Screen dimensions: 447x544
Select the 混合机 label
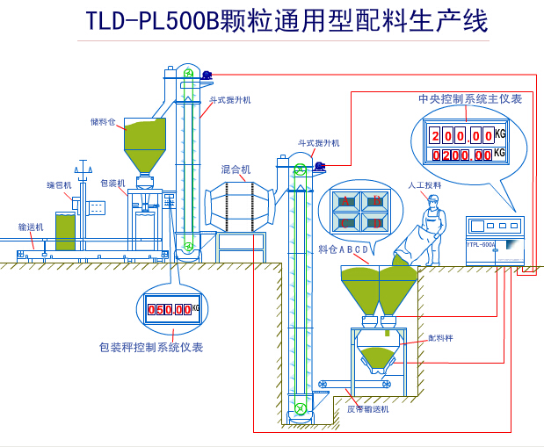click(x=236, y=169)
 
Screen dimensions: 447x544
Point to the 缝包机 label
click(x=59, y=185)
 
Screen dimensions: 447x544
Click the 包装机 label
click(x=112, y=184)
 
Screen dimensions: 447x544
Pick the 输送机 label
click(x=31, y=227)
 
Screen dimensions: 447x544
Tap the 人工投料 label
click(x=424, y=185)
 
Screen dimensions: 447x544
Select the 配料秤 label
click(x=440, y=337)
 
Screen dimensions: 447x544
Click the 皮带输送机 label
click(x=367, y=409)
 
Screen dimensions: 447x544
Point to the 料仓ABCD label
click(x=343, y=249)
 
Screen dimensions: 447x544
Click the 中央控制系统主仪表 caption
click(x=470, y=99)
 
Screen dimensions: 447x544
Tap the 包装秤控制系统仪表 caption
click(x=151, y=347)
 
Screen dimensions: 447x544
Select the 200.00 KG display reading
click(x=461, y=136)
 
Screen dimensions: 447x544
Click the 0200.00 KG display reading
click(x=461, y=155)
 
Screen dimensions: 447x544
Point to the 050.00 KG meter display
click(x=169, y=309)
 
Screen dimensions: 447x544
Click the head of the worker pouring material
click(x=432, y=199)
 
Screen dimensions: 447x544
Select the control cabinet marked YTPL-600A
click(x=495, y=239)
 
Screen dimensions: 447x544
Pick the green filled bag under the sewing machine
click(x=65, y=231)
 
